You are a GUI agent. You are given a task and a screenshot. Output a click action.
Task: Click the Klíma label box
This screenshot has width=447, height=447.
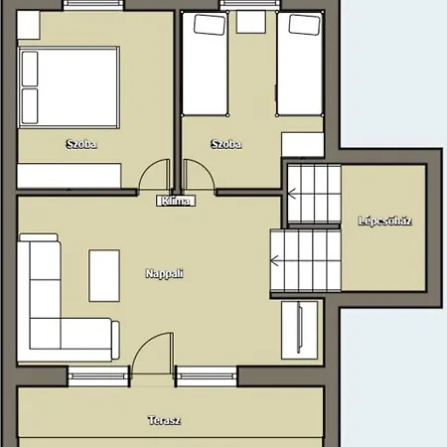[176, 201]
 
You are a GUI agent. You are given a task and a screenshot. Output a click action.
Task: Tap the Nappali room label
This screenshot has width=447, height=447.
[164, 273]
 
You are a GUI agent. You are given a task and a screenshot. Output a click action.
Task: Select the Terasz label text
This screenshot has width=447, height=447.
[164, 420]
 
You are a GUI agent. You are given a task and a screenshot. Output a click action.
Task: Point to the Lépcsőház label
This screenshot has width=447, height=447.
[385, 221]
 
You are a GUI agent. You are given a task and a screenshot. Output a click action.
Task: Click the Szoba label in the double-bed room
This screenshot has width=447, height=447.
[81, 144]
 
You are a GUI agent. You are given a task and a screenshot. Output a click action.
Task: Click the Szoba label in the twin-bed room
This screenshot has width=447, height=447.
[226, 144]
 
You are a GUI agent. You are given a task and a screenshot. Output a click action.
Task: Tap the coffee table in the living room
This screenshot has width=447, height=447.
[104, 276]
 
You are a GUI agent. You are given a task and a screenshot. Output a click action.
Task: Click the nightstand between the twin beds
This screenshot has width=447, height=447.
[251, 22]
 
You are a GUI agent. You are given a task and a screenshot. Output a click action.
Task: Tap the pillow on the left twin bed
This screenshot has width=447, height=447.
[210, 25]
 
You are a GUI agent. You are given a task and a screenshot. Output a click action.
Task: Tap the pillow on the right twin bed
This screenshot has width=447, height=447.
[304, 25]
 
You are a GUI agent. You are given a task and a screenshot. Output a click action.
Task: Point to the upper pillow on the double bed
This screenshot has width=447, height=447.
[30, 69]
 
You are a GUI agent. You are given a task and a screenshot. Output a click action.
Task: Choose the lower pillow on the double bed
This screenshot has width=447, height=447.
[30, 106]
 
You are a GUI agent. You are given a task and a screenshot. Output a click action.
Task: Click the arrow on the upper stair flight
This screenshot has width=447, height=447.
[292, 193]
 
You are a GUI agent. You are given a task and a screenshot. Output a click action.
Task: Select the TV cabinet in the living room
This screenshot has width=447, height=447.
[299, 330]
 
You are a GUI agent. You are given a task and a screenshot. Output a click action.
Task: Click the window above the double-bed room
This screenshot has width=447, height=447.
[93, 5]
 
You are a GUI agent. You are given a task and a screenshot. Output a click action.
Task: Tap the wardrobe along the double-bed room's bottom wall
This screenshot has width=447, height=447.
[70, 176]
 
